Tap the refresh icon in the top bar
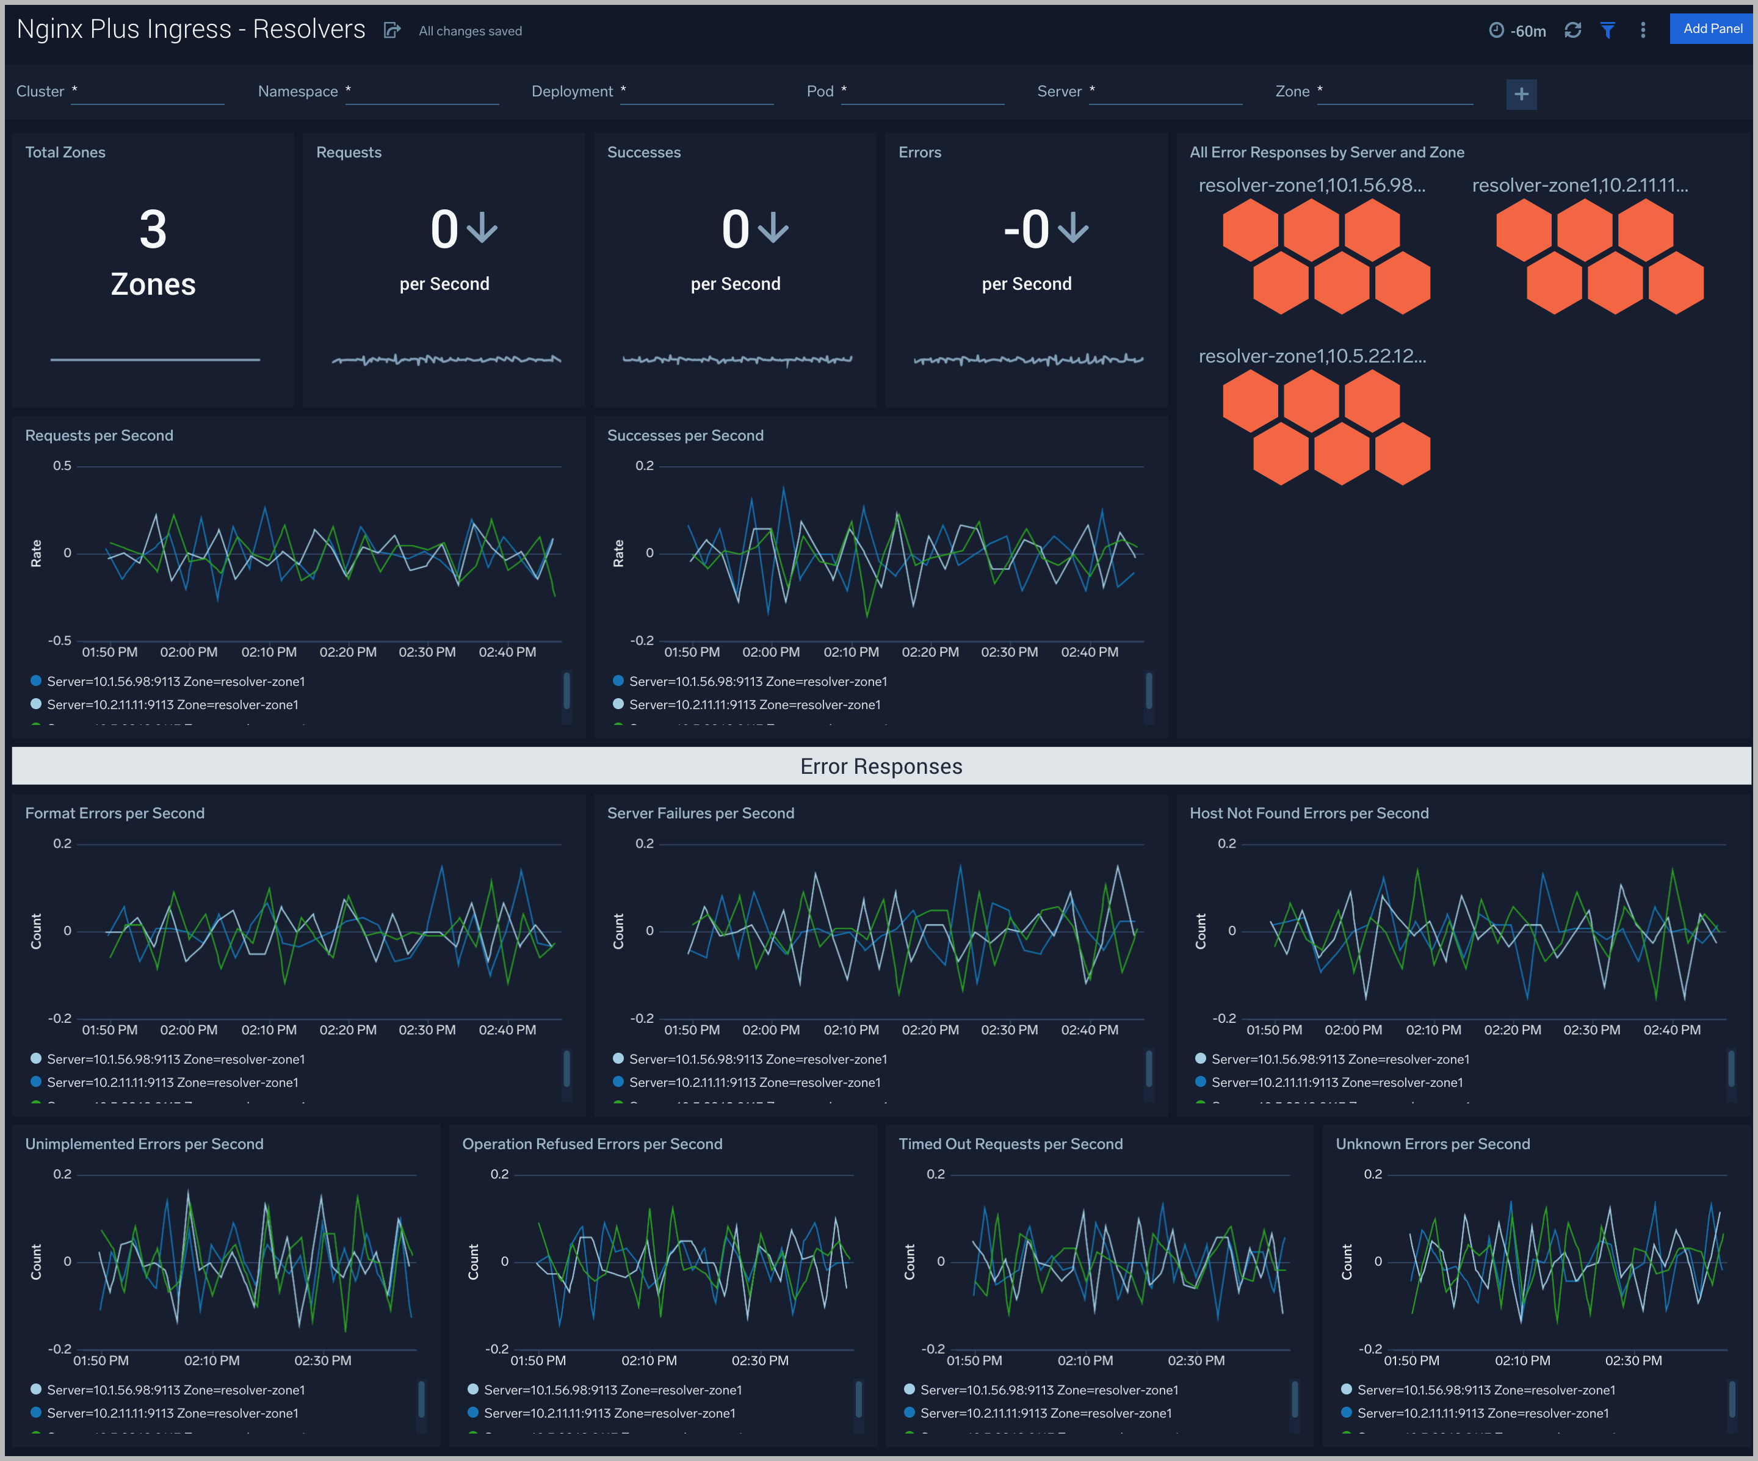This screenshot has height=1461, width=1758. (1572, 30)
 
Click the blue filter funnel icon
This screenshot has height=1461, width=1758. (1607, 30)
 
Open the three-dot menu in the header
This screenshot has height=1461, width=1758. (1643, 30)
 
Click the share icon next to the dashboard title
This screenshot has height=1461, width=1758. (391, 31)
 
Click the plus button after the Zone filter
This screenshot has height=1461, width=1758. (1521, 94)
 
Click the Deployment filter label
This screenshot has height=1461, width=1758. (572, 91)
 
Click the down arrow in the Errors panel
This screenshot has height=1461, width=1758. (1073, 228)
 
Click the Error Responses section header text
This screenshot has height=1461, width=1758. (881, 767)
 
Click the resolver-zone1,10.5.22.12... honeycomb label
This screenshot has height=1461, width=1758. (1312, 356)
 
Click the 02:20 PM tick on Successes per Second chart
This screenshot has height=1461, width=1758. (930, 652)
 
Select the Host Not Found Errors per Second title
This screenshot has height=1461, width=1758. (1309, 813)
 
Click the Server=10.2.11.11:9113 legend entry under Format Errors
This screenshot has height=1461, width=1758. (172, 1083)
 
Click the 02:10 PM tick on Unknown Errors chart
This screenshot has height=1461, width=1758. (1522, 1360)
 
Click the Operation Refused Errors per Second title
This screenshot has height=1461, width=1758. (592, 1144)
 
